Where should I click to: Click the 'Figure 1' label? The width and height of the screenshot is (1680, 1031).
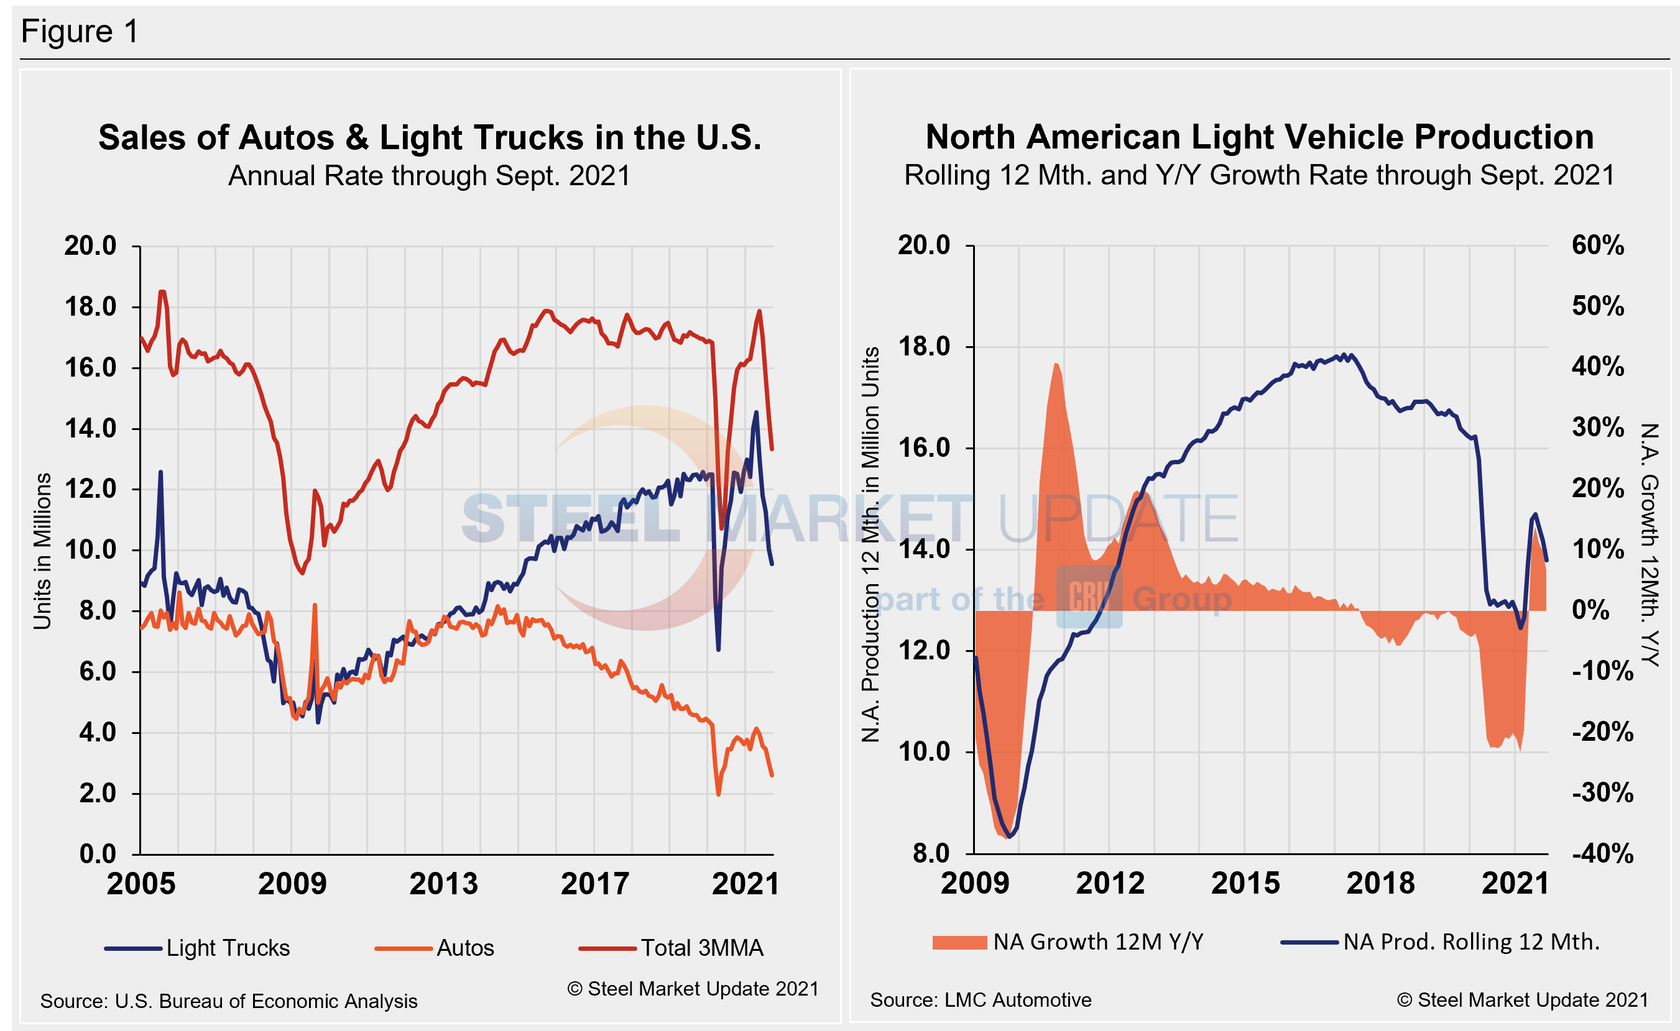(80, 31)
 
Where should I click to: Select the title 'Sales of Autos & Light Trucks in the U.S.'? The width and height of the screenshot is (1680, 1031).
(430, 138)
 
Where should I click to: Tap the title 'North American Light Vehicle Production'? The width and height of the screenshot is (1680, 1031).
(1259, 137)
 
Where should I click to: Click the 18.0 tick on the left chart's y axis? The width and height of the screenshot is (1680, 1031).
(91, 307)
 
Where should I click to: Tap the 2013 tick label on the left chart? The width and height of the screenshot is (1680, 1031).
(443, 884)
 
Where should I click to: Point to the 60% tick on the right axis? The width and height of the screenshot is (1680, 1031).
(1597, 245)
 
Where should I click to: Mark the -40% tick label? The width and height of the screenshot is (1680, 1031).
(1602, 853)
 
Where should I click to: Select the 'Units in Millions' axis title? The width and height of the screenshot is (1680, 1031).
(42, 551)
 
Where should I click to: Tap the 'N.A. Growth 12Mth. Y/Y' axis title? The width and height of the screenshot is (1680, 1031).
(1650, 544)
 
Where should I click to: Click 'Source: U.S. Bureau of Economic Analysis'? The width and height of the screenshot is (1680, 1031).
(229, 1001)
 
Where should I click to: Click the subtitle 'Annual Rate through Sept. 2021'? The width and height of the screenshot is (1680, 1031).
(429, 176)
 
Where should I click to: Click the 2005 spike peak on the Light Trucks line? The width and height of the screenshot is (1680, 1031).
(161, 472)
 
